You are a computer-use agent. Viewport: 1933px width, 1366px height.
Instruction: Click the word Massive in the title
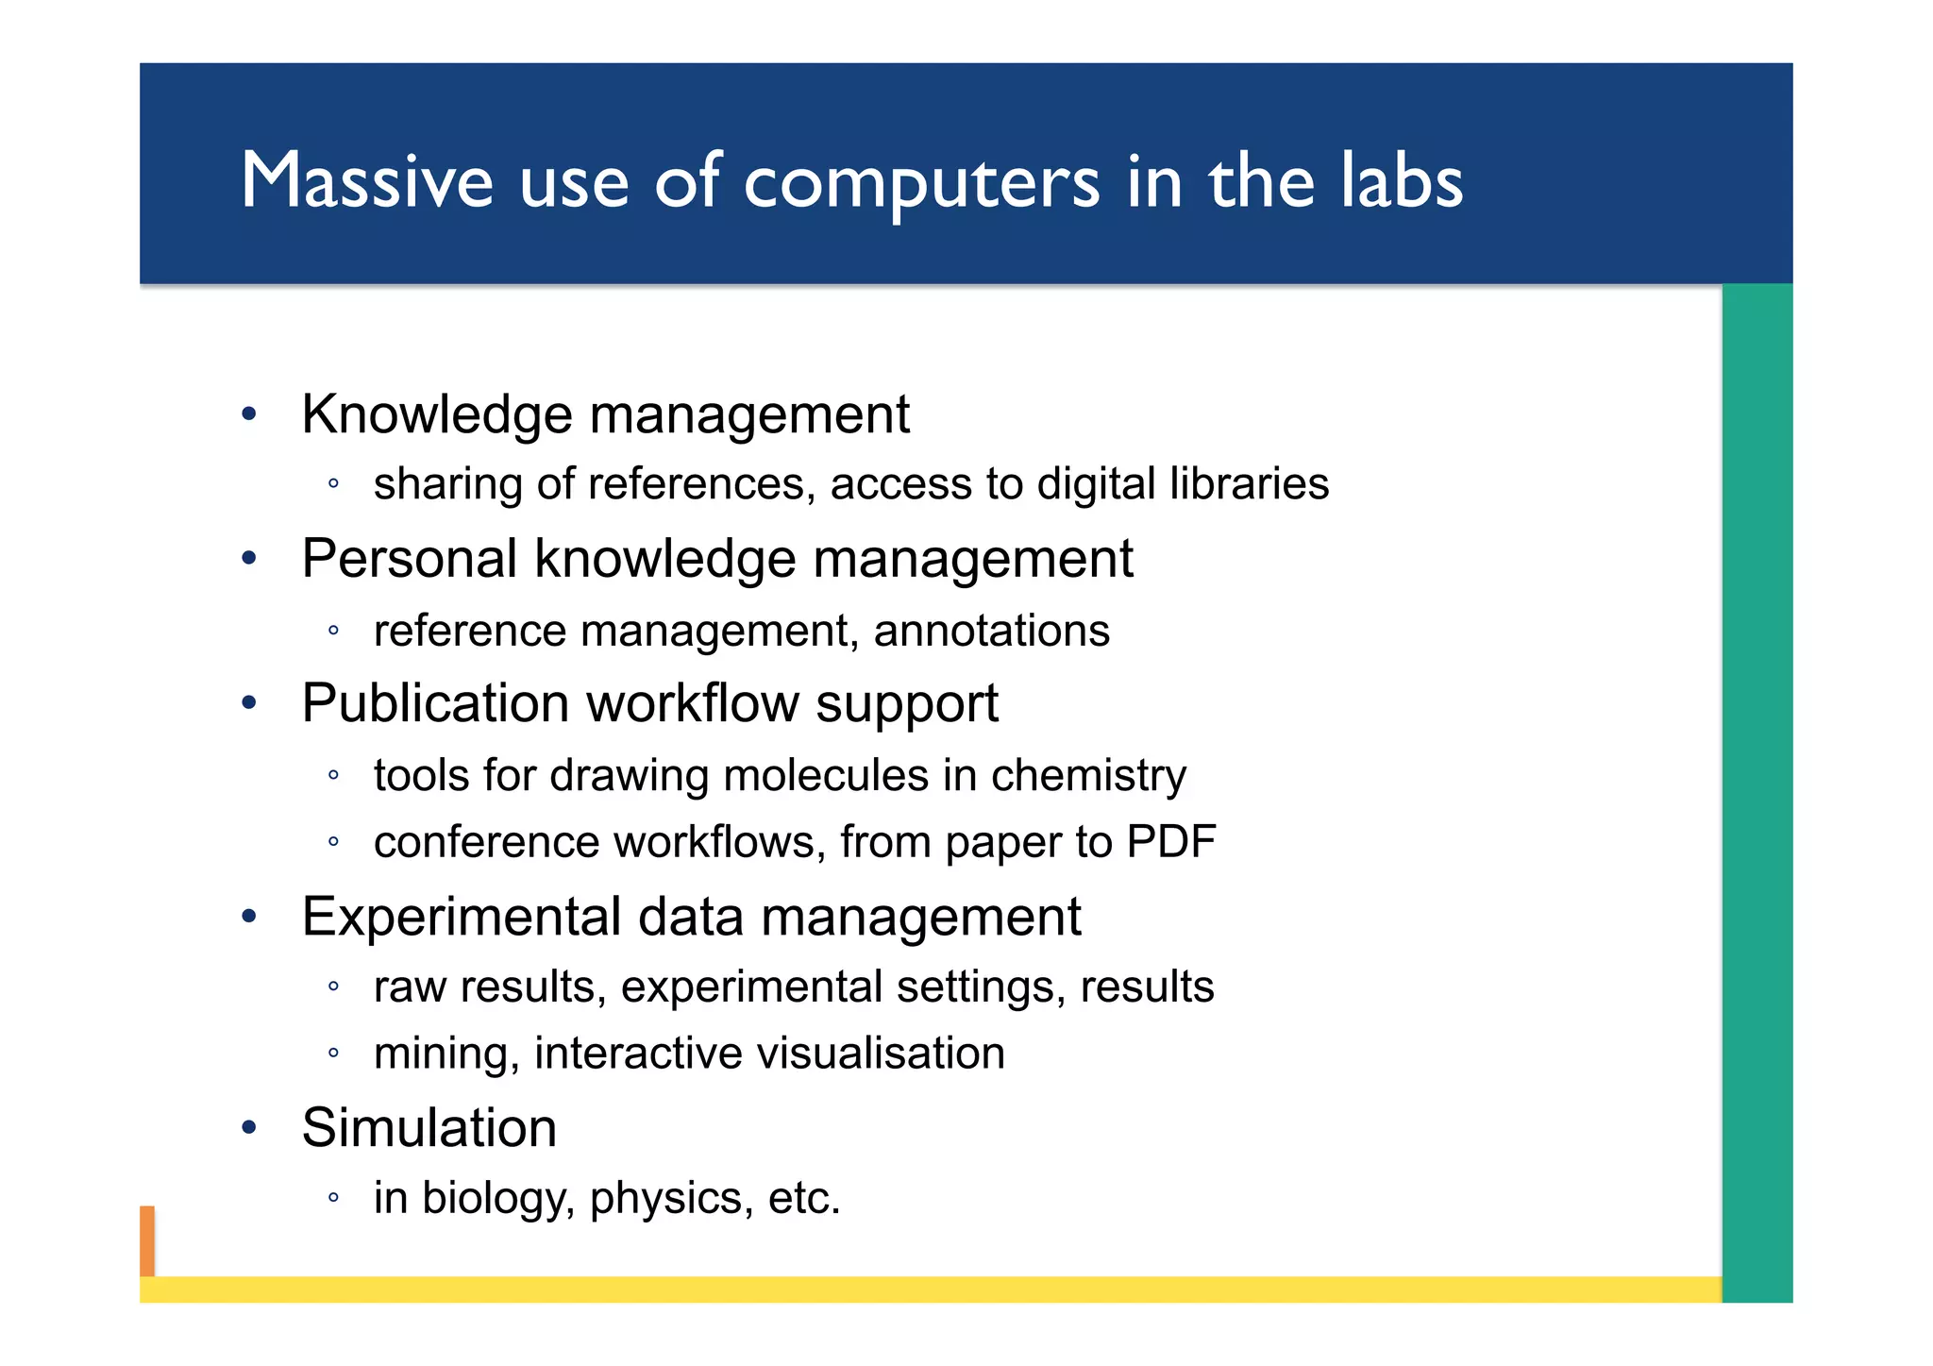coord(367,180)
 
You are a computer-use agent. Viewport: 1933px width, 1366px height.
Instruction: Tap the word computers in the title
coord(921,182)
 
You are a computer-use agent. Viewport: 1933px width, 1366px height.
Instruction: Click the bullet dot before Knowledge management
coord(249,413)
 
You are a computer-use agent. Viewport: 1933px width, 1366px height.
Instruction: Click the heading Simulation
coord(429,1127)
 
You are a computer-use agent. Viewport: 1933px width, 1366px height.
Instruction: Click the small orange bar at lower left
coord(147,1240)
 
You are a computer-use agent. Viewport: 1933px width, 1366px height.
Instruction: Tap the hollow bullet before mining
coord(333,1053)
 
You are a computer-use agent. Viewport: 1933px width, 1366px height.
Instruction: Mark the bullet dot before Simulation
coord(249,1127)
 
